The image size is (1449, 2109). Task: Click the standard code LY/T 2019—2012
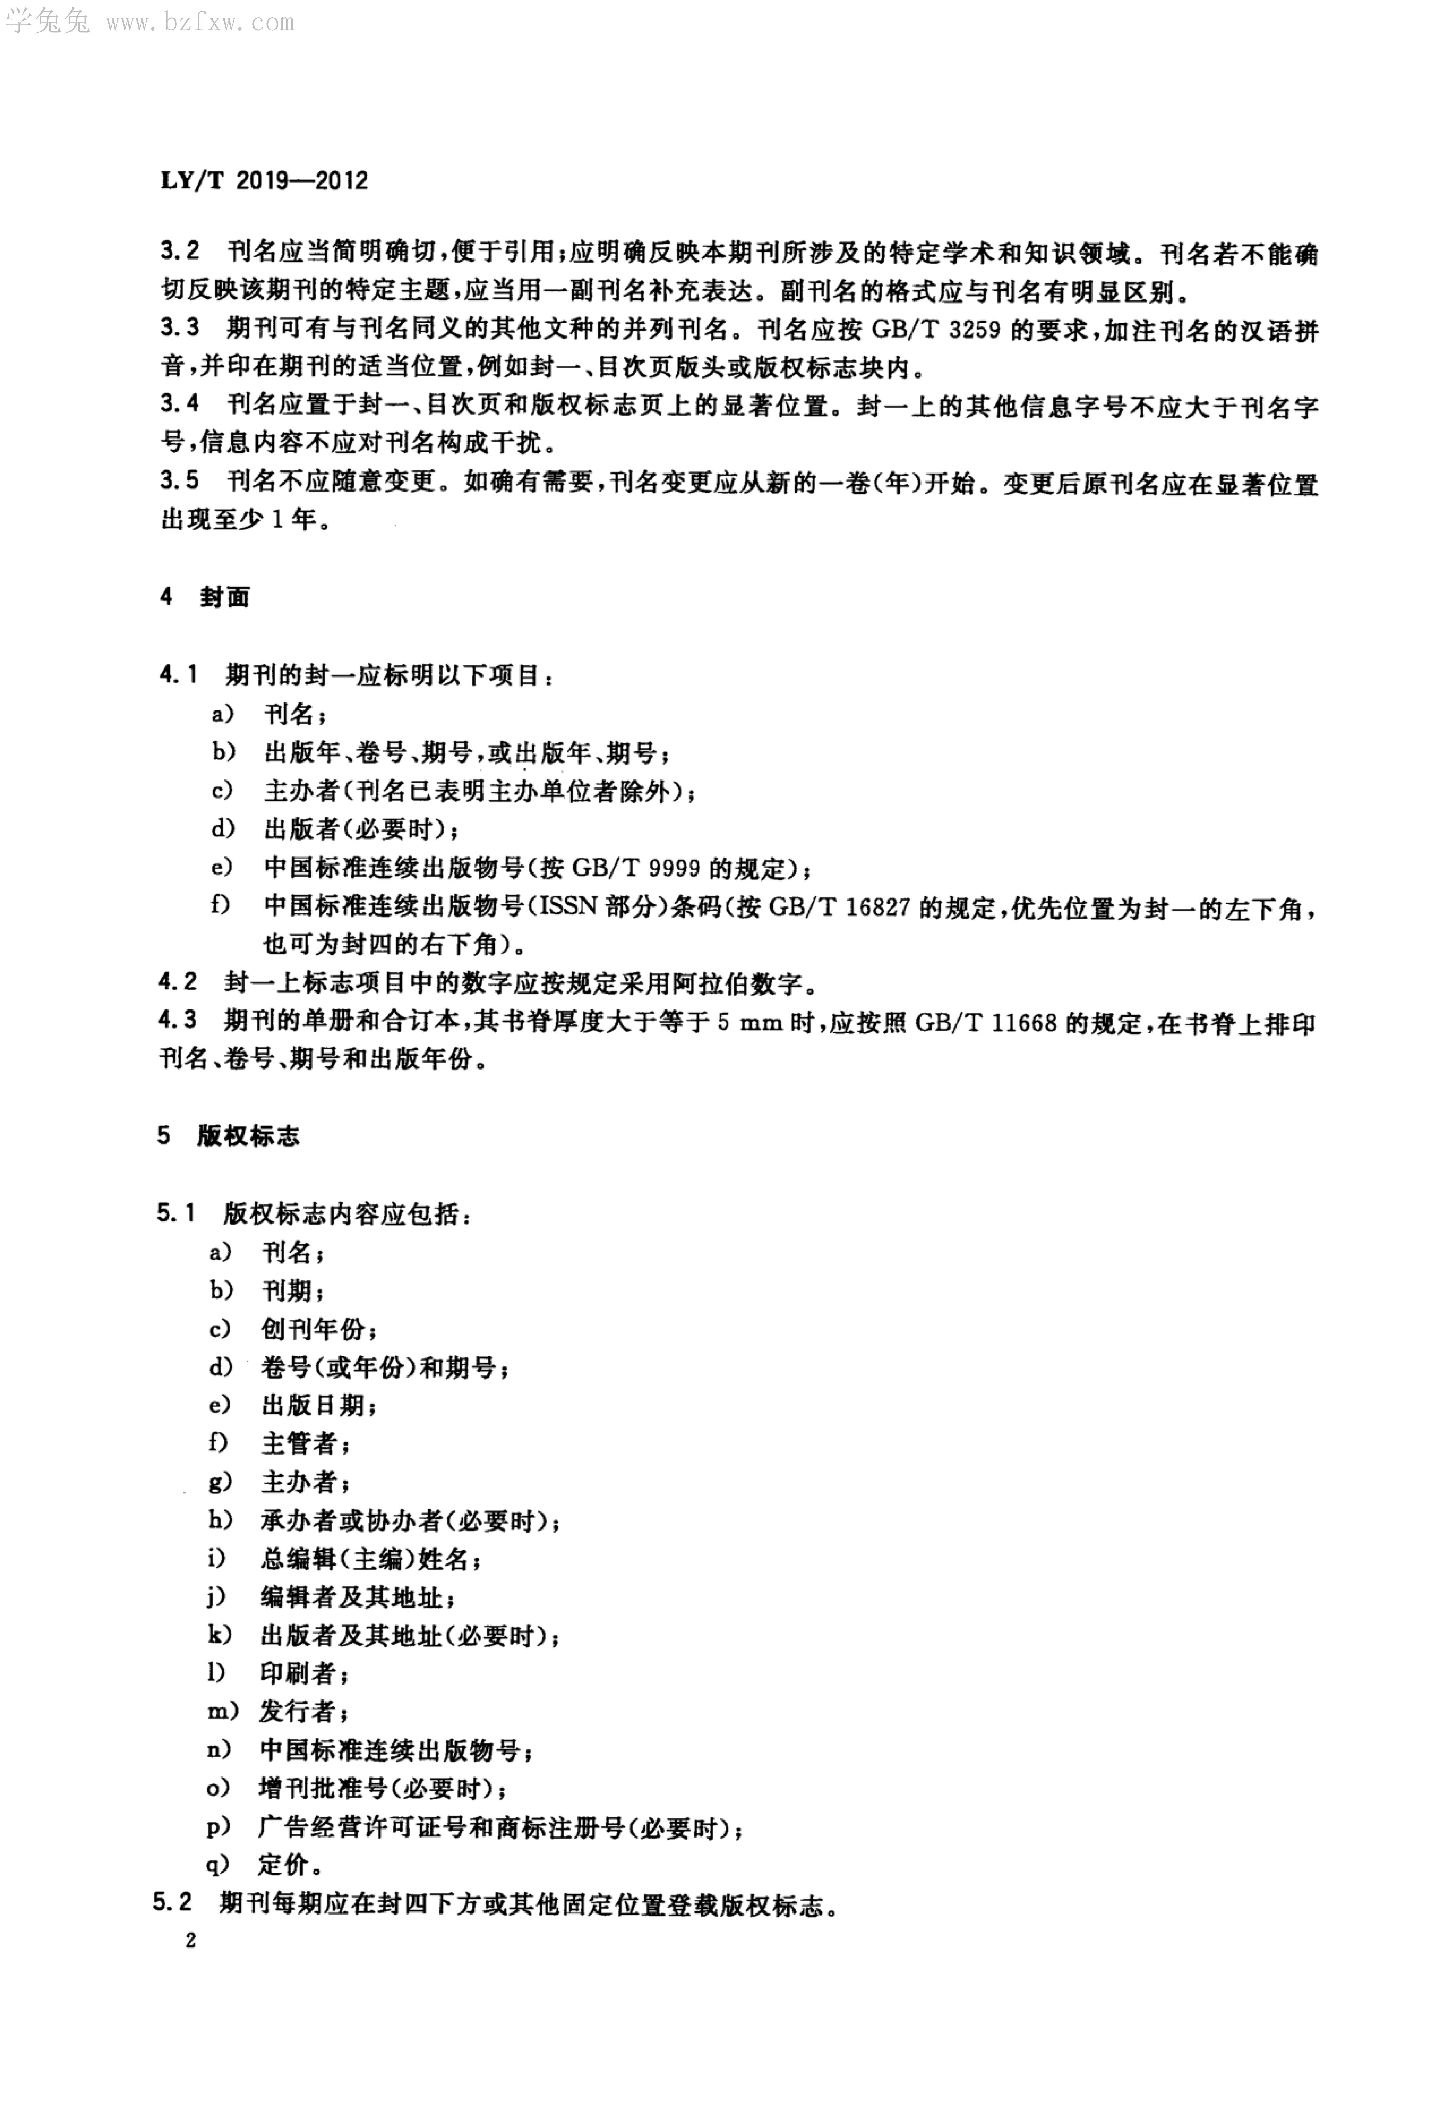tap(264, 181)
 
